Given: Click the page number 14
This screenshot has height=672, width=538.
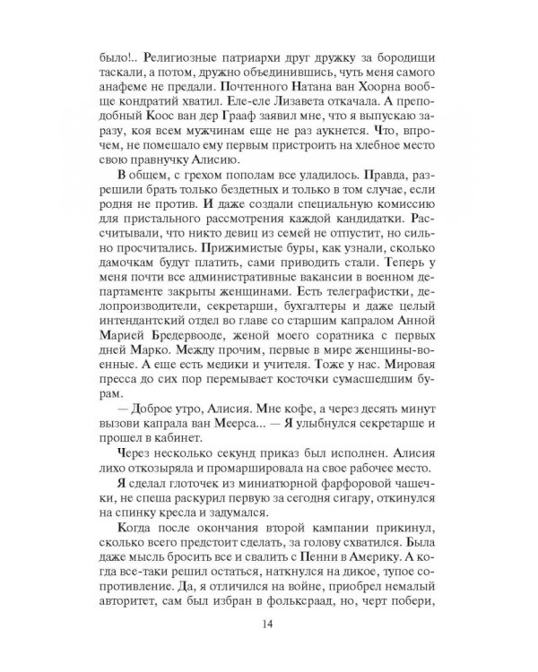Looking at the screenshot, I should (269, 625).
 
